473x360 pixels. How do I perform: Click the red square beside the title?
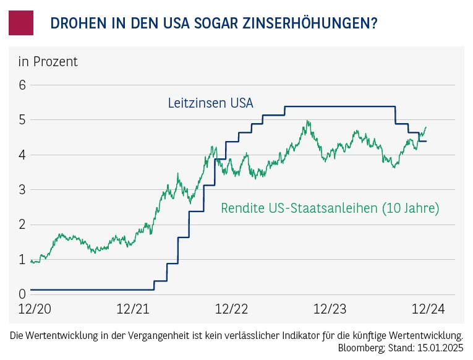pos(21,23)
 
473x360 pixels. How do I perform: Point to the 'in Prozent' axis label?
pos(48,62)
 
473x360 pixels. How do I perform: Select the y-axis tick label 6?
pos(22,85)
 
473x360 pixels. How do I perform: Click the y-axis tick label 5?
pos(22,119)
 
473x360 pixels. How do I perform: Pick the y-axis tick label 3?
pos(22,189)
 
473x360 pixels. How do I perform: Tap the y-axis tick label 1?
pos(22,259)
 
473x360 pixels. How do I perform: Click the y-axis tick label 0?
pos(22,294)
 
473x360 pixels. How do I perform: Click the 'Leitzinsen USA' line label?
pos(210,103)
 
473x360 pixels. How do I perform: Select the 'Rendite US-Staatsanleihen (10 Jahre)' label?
pos(330,208)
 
